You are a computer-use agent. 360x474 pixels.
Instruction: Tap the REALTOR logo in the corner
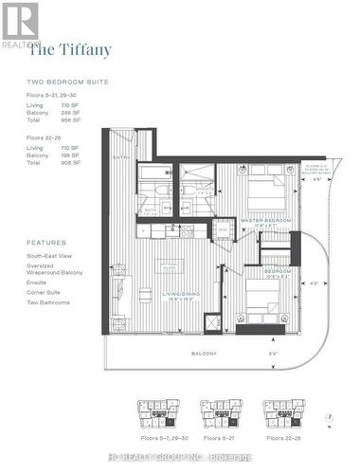pyautogui.click(x=20, y=23)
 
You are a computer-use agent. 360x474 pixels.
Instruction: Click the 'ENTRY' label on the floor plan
pyautogui.click(x=120, y=157)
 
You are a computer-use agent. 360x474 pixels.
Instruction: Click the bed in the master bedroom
pyautogui.click(x=266, y=189)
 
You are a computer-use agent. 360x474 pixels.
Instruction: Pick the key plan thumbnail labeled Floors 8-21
pyautogui.click(x=222, y=411)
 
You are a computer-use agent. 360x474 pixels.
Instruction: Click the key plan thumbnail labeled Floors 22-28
pyautogui.click(x=285, y=411)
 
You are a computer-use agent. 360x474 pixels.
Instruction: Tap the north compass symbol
pyautogui.click(x=327, y=416)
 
